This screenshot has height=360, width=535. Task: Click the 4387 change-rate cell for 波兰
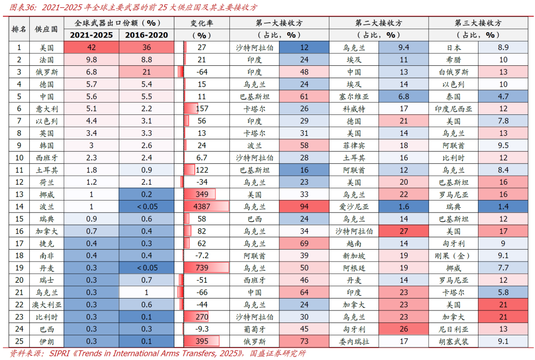202,206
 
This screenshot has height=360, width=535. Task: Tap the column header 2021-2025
91,35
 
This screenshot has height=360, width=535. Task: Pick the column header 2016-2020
146,35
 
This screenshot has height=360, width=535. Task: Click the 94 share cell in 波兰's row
304,206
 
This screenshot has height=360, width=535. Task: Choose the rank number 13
19,194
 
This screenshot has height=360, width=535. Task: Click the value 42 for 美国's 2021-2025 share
91,48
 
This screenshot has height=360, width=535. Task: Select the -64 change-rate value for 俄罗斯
202,72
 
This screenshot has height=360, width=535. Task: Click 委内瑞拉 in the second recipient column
354,341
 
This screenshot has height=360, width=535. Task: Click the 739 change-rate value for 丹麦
202,267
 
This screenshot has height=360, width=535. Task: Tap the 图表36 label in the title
24,7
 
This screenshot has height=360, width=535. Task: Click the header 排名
19,29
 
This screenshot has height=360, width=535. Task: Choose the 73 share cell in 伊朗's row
304,341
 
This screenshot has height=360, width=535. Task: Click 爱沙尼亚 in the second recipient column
354,206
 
